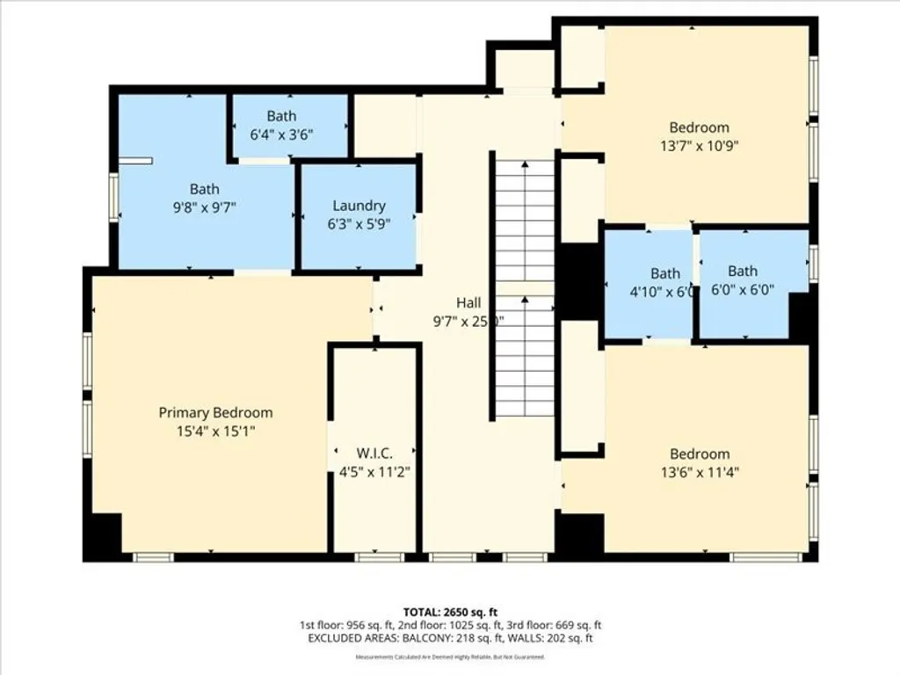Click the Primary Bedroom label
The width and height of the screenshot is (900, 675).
coord(215,412)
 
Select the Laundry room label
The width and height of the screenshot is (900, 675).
coord(359,206)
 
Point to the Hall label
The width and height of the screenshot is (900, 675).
coord(468,303)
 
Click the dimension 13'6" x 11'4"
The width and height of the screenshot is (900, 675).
coord(700,472)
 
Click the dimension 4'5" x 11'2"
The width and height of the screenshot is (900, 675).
coord(375,472)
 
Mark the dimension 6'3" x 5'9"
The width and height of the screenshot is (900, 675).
coord(359,223)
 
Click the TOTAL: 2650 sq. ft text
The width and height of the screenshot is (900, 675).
coord(449,611)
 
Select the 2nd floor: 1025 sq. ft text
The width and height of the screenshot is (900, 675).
coord(449,625)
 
